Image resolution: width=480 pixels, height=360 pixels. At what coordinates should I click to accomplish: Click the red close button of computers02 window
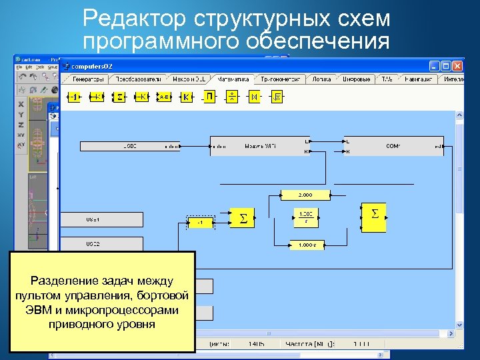[x=457, y=66]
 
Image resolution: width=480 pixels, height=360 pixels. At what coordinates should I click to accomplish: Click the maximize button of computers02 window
[x=445, y=66]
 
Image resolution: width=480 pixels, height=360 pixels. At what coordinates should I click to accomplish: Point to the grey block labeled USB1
[x=103, y=219]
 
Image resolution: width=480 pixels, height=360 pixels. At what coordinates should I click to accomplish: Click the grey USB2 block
[x=103, y=244]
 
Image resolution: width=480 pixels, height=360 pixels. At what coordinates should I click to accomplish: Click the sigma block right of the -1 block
[x=243, y=218]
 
